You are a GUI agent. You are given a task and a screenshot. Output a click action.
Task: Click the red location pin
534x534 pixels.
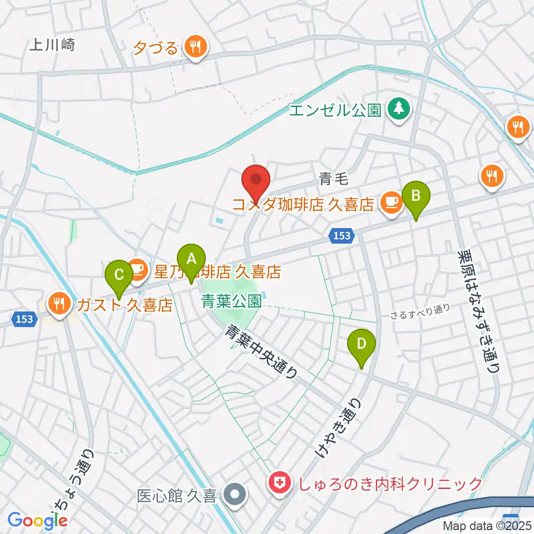pyautogui.click(x=256, y=181)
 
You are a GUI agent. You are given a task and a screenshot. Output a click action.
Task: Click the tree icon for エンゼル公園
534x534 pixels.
pyautogui.click(x=398, y=108)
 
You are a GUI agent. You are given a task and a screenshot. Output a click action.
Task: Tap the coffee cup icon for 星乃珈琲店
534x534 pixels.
pyautogui.click(x=137, y=270)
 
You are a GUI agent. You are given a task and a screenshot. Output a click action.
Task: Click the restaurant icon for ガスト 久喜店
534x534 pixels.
pyautogui.click(x=59, y=304)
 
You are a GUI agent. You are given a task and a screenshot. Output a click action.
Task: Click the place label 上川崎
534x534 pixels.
pyautogui.click(x=52, y=45)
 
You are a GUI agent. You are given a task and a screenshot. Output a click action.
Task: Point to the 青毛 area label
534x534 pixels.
pyautogui.click(x=334, y=179)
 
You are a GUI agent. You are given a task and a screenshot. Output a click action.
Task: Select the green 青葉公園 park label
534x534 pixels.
pyautogui.click(x=231, y=301)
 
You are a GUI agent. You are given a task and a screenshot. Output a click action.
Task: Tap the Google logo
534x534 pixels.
pyautogui.click(x=38, y=521)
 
